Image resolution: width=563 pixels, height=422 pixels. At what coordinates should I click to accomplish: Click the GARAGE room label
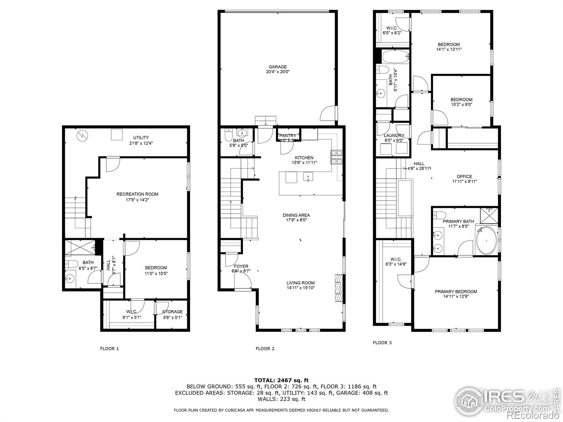(278, 67)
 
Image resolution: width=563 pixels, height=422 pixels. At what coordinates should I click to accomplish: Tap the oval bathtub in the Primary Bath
(486, 241)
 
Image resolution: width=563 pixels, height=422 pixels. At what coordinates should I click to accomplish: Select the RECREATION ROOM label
(137, 194)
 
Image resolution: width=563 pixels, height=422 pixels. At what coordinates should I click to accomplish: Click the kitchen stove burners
(336, 157)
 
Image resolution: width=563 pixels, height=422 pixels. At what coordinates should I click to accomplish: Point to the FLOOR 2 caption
(265, 349)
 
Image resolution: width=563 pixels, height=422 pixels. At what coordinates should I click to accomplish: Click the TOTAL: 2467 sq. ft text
(281, 380)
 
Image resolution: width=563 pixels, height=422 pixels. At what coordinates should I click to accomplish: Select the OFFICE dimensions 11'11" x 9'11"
(464, 181)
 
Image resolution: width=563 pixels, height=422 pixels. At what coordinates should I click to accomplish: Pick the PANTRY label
(288, 136)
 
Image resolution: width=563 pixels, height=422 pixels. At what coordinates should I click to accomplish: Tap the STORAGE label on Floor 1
(172, 312)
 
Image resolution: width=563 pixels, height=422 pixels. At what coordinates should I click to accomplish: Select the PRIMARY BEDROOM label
(456, 292)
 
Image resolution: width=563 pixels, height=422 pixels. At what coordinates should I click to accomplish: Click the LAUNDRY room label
(394, 135)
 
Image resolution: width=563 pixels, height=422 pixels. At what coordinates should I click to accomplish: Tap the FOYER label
(241, 266)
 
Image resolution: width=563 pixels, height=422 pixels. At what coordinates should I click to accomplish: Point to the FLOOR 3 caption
(382, 343)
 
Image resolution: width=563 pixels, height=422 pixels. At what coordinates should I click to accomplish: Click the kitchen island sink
(308, 177)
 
